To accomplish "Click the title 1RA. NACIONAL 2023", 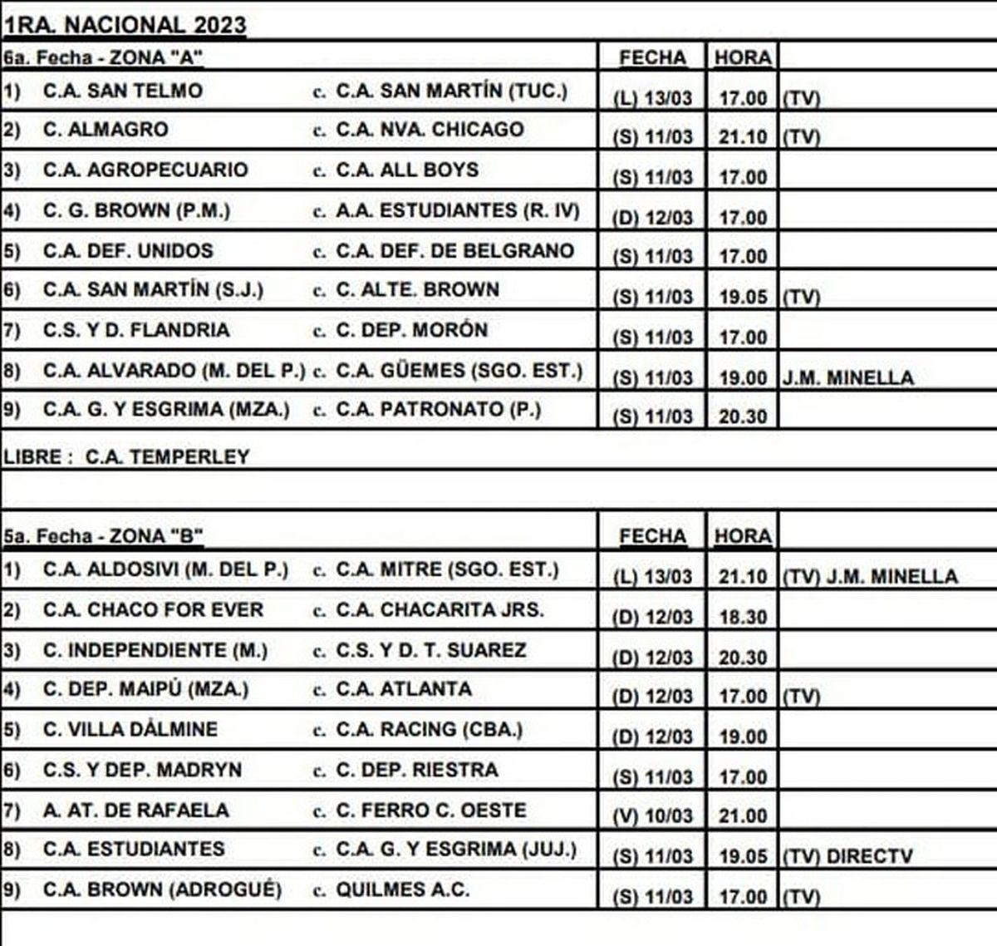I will point(125,25).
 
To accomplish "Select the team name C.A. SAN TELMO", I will point(123,91).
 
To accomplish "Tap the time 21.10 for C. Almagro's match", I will point(743,137).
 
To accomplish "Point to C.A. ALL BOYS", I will point(407,170).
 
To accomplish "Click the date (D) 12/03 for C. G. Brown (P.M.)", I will point(652,218).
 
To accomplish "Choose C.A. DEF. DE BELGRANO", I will point(454,251).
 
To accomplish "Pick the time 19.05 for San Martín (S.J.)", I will point(743,298).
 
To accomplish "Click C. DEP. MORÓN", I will point(411,330).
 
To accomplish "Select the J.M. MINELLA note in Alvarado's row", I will point(847,378).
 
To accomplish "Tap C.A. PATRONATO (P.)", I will point(438,410).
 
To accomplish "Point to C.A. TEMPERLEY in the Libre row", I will point(167,456).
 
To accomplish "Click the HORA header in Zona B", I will point(743,536).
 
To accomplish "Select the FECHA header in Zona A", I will point(652,57).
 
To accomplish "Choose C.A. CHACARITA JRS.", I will point(440,610).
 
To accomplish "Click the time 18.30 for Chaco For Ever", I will point(743,618).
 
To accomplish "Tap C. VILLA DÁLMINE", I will point(130,730).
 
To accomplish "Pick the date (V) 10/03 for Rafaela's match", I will point(652,816).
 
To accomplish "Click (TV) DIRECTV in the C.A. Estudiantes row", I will point(847,856).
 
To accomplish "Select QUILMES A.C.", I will point(402,890).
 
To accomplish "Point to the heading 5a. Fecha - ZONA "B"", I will point(104,536).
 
